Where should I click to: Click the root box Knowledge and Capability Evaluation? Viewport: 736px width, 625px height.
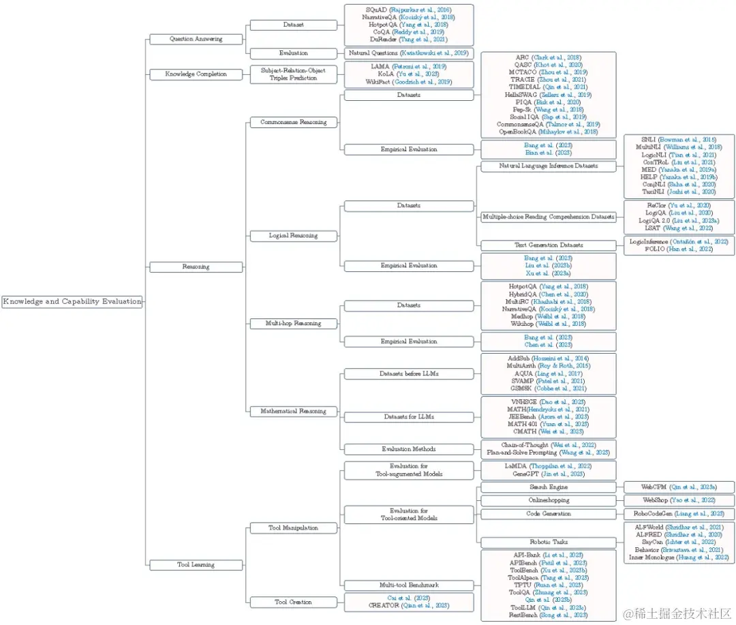[x=72, y=301]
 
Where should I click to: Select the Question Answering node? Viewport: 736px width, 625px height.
[x=196, y=39]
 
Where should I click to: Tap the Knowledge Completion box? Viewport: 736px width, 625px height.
[x=196, y=74]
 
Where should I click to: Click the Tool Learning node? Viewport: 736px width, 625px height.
[x=196, y=564]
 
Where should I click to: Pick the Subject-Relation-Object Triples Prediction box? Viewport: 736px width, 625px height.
[x=294, y=74]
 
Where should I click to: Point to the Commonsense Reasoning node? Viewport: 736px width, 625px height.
[x=294, y=122]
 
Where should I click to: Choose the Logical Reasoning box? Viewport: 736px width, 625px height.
[x=294, y=236]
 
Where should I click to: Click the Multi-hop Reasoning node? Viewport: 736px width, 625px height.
[x=294, y=323]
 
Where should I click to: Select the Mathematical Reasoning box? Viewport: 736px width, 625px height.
[x=294, y=411]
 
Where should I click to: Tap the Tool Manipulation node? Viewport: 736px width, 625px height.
[x=294, y=528]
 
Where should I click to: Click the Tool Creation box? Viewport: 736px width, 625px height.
[x=294, y=602]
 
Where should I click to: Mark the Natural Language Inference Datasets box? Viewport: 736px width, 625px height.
[x=548, y=166]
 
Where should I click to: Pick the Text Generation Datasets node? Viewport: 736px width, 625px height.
[x=548, y=245]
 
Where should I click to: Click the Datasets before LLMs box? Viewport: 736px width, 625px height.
[x=408, y=374]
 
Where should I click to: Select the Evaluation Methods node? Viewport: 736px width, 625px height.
[x=408, y=449]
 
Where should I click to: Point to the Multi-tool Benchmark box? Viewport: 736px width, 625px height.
[x=408, y=585]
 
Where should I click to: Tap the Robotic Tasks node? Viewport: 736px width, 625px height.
[x=548, y=543]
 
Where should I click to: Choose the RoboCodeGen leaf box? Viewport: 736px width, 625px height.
[x=679, y=514]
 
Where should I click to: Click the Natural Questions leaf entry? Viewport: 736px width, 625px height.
[x=408, y=53]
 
